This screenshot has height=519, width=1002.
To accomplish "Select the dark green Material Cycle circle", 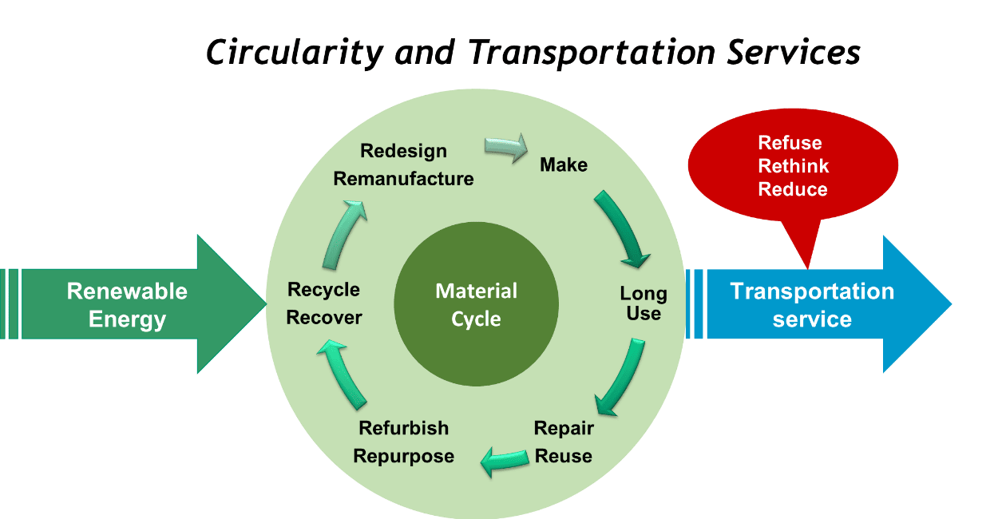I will coord(476,304).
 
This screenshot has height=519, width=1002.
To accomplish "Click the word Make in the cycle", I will coord(564,165).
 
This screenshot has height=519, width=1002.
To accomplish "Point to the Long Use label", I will coord(644,303).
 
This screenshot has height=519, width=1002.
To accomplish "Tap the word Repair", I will coord(564,428).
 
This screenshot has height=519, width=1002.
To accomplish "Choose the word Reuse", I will coord(564,456).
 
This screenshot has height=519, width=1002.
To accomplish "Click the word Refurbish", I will coord(404,428).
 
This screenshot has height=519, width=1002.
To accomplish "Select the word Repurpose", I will coord(404,456).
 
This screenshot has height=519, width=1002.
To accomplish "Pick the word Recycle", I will coord(324,289).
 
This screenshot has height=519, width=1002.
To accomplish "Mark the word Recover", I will coord(324,317).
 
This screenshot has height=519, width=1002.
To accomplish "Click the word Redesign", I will coord(404,151).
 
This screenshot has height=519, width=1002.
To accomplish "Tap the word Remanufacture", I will coord(404,179).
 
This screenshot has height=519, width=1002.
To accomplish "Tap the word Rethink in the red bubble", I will coord(794,166).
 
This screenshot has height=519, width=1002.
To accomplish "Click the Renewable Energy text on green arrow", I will coord(127,304).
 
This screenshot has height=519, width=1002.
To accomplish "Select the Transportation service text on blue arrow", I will coord(812,304).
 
